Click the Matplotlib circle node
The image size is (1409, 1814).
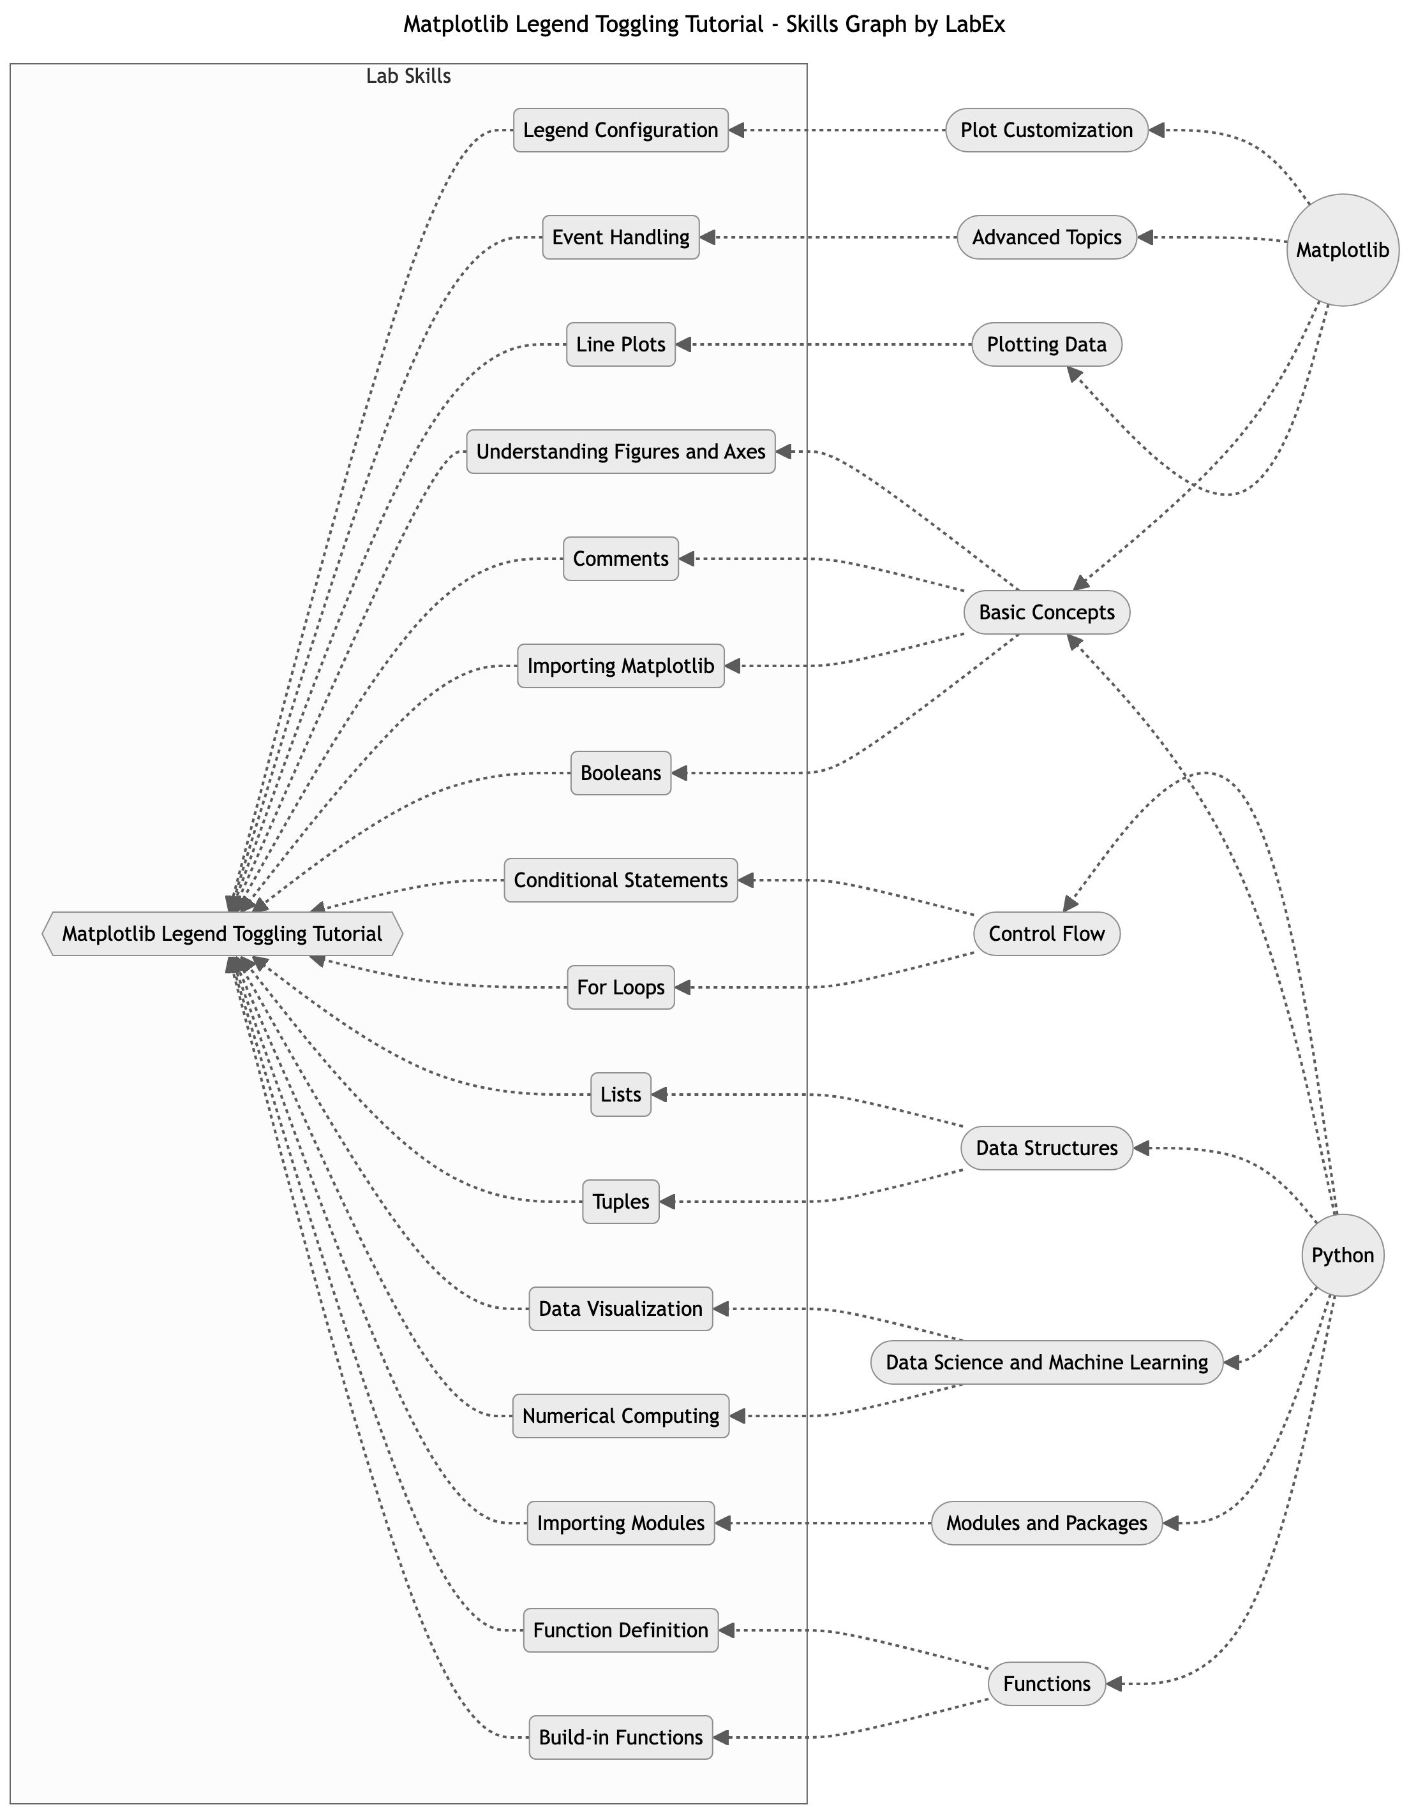[x=1342, y=250]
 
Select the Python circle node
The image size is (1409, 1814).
[x=1342, y=1255]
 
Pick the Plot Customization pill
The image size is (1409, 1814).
[x=1046, y=130]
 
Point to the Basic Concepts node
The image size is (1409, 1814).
[x=1046, y=612]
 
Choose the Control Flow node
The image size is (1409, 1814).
[x=1046, y=934]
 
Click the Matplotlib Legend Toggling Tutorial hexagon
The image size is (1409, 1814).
[x=222, y=934]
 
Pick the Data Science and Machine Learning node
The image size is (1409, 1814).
[x=1046, y=1362]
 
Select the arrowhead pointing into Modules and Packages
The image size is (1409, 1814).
[x=1170, y=1523]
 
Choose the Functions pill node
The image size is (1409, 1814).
[x=1046, y=1684]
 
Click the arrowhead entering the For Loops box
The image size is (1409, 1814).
[x=683, y=987]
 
